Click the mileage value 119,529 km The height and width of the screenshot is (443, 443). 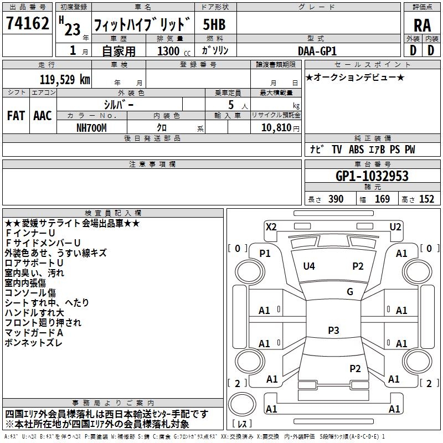65,79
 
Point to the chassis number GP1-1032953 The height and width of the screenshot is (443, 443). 372,176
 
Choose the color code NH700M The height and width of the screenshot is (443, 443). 91,127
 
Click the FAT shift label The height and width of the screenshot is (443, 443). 16,116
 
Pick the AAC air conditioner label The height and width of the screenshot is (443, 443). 43,116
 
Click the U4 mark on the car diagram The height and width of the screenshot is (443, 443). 309,266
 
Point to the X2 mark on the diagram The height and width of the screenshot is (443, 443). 271,226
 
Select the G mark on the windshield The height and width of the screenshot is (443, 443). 349,291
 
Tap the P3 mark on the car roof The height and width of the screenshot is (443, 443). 333,330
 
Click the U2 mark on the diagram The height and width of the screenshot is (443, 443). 395,226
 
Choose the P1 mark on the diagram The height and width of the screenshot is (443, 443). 265,253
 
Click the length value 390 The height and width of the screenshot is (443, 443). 336,199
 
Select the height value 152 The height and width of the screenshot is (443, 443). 426,199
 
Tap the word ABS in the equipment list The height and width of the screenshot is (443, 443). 357,150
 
